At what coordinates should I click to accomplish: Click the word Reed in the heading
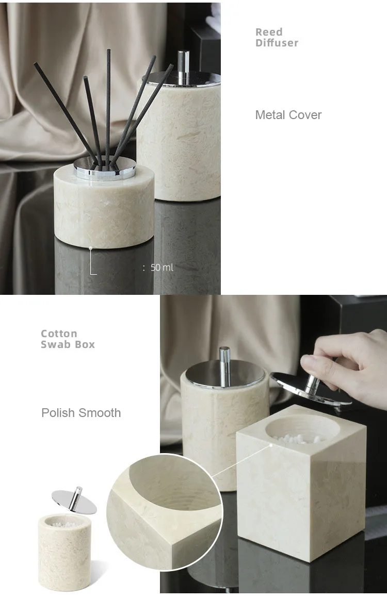(x=269, y=32)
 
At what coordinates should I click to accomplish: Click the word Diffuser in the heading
(x=277, y=43)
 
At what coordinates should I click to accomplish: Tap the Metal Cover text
(x=288, y=115)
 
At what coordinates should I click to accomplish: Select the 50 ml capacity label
(x=162, y=268)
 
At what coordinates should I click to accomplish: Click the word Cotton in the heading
(x=59, y=334)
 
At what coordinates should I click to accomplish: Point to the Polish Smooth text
(x=81, y=413)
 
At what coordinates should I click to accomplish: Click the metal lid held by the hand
(x=310, y=388)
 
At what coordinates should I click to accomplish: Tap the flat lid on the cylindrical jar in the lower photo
(x=225, y=374)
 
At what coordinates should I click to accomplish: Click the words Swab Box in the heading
(x=68, y=344)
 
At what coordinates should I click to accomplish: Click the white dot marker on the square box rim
(x=271, y=445)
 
